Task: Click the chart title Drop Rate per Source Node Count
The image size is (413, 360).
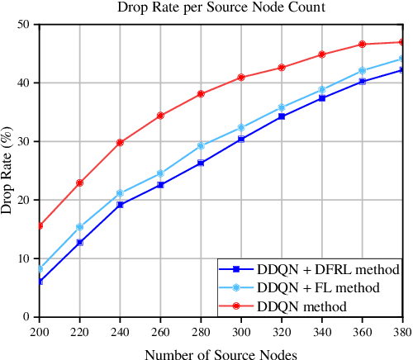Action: tap(220, 8)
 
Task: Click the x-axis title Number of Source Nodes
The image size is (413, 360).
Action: tap(220, 353)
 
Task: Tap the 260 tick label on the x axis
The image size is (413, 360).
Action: tap(160, 330)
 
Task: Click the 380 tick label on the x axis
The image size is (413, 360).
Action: tap(401, 330)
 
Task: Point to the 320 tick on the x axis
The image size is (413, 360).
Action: tap(281, 330)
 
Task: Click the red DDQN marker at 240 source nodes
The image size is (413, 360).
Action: tap(120, 143)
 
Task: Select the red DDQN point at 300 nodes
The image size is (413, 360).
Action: tap(240, 78)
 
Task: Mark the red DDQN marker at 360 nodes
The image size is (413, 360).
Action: tap(361, 45)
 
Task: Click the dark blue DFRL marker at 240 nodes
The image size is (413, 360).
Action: tap(120, 205)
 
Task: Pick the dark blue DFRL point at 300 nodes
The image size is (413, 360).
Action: tap(240, 140)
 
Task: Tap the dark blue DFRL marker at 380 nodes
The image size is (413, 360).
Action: tap(401, 70)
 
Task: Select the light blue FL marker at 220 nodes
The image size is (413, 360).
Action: tap(79, 227)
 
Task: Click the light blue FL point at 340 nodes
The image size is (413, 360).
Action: tap(320, 90)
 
